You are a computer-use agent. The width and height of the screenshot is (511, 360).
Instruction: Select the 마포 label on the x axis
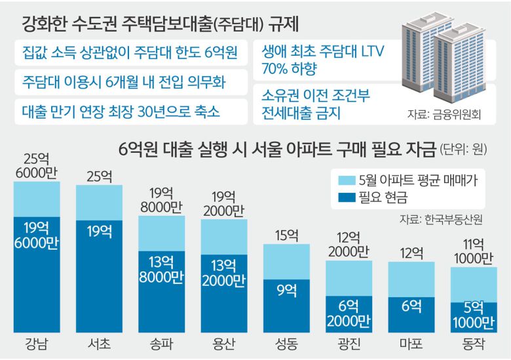click(411, 345)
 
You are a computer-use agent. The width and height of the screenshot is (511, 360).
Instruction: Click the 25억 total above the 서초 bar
click(98, 176)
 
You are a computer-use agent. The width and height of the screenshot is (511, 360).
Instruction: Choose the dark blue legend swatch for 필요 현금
click(344, 196)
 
